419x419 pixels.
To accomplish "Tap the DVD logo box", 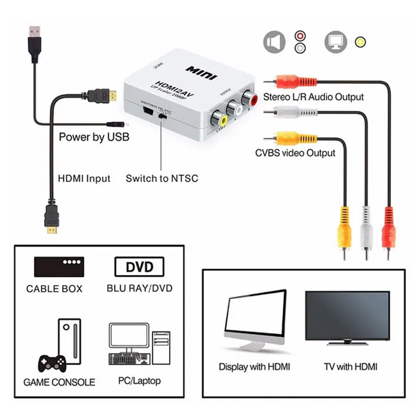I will pos(139,267).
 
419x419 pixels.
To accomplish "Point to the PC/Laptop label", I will pos(140,381).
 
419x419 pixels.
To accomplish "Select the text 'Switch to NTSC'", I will pos(162,178).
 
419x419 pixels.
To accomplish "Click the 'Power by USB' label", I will pos(94,137).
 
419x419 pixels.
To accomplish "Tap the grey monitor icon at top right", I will pos(336,42).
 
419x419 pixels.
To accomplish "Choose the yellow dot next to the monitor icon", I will pos(360,42).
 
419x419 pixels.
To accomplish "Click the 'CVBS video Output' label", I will pos(295,153).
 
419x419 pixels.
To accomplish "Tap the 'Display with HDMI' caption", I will pos(254,367).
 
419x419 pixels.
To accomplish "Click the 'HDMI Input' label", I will pos(84,178).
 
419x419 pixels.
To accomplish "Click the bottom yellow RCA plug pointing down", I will pos(344,230).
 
